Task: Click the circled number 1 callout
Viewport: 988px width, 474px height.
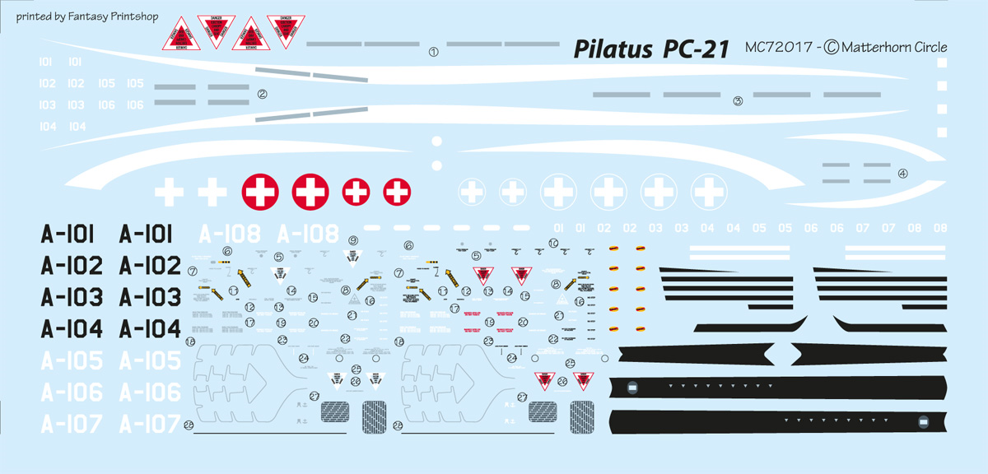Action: tap(433, 52)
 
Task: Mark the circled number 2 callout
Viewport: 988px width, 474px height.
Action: tap(262, 94)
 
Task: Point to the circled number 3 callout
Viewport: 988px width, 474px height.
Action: tap(738, 101)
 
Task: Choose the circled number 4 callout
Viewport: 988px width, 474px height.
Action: tap(902, 173)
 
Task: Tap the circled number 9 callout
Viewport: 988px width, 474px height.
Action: tap(353, 240)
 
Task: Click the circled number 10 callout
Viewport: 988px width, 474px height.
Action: tap(553, 243)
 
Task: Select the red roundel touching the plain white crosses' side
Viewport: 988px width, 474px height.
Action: tap(260, 192)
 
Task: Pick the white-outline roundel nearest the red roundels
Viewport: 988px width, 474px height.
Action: tap(471, 192)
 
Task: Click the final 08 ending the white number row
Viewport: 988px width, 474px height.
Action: tap(939, 228)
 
